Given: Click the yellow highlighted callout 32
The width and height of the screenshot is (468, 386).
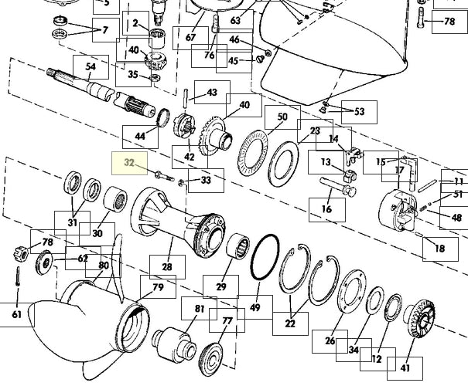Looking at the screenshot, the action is click(x=129, y=163).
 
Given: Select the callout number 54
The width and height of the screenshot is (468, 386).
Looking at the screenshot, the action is click(x=91, y=66).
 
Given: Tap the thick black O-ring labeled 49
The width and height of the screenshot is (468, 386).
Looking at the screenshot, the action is click(x=265, y=257).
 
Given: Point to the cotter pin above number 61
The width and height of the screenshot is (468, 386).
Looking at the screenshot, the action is click(x=19, y=276).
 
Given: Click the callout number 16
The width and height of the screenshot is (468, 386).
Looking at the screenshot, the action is click(x=326, y=208).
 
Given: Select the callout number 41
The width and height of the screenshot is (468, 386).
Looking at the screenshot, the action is click(x=405, y=368).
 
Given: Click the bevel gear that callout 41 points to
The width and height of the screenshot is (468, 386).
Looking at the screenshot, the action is click(x=420, y=319).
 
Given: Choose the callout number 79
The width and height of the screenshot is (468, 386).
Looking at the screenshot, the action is click(x=158, y=287).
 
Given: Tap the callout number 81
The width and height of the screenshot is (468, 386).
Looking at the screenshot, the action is click(x=200, y=309).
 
